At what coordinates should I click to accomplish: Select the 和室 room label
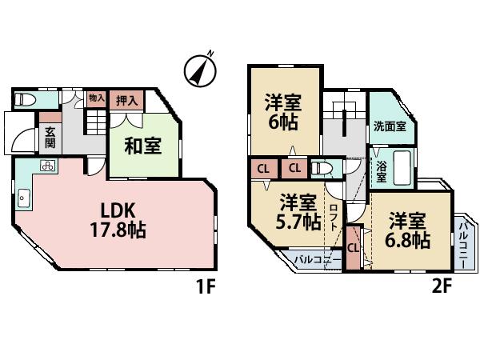click(x=143, y=146)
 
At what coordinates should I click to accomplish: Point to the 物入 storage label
click(x=97, y=98)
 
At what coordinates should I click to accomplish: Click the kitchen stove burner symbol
click(x=46, y=167)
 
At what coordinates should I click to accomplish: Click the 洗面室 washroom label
click(x=389, y=126)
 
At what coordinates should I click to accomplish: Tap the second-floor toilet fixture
click(x=321, y=170)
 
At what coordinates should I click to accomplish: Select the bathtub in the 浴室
click(x=400, y=167)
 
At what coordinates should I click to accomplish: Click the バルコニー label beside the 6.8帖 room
click(x=464, y=240)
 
